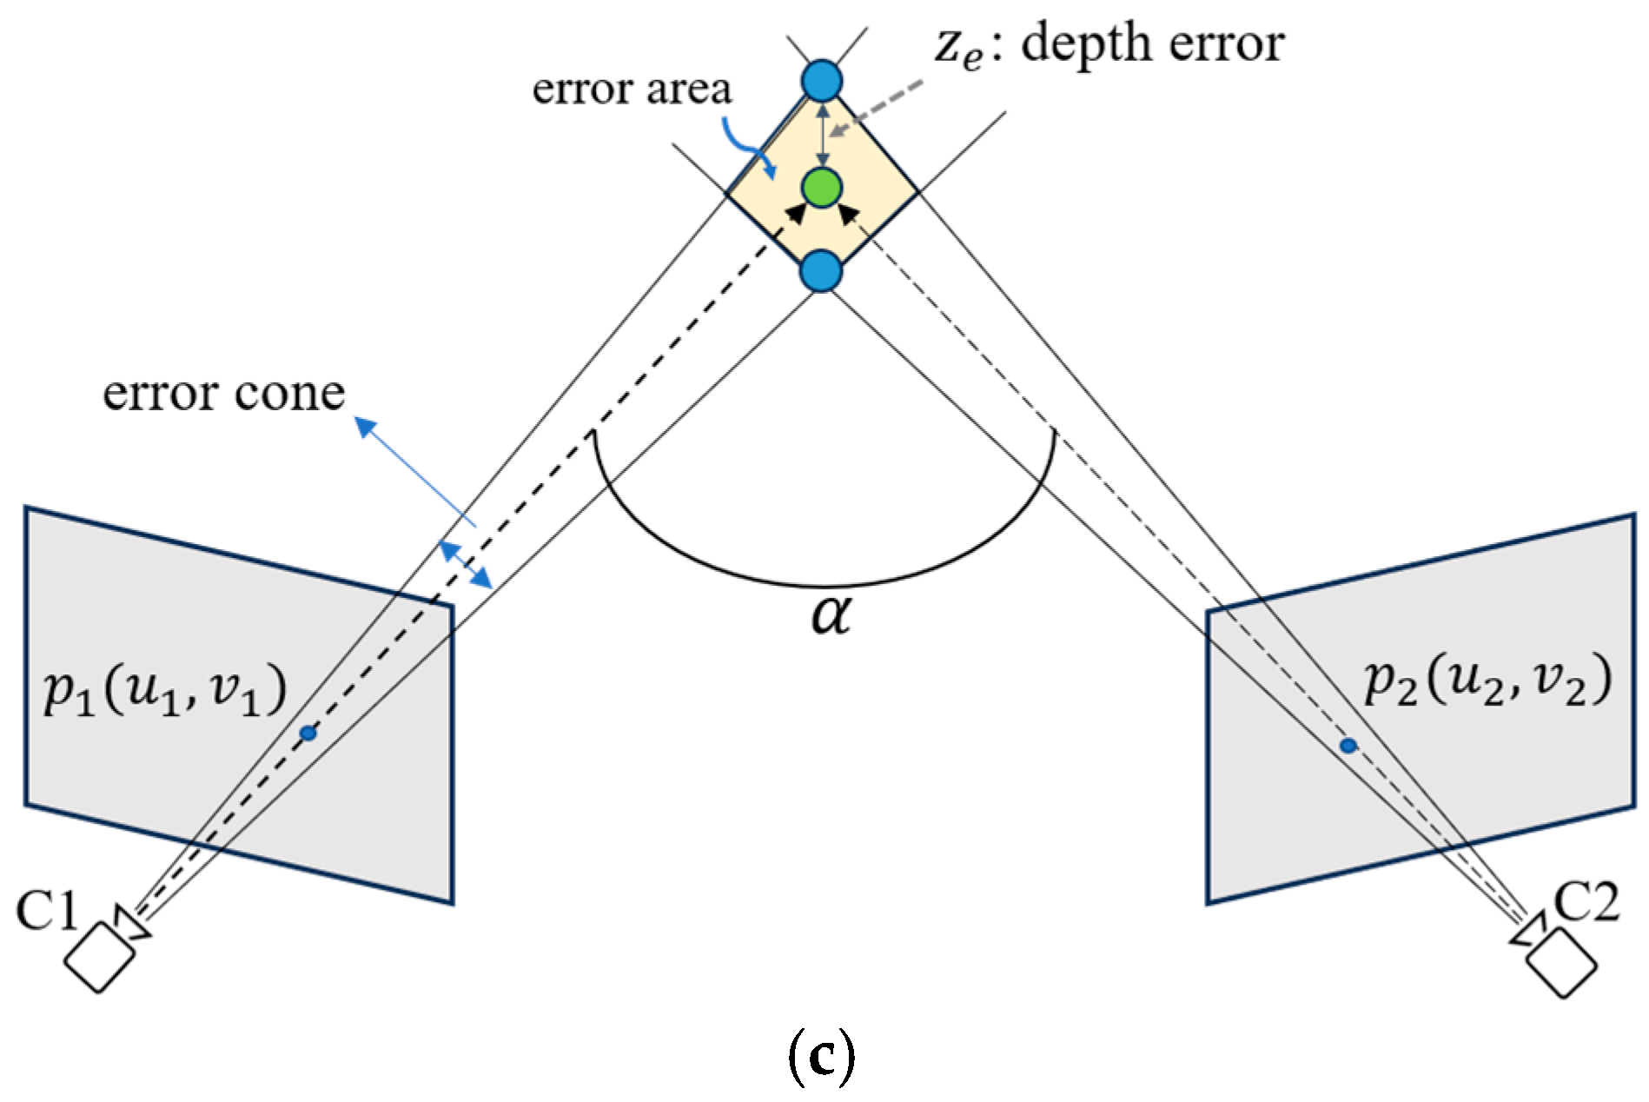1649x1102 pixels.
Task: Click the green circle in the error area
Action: pos(822,187)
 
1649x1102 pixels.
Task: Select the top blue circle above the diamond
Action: pos(822,82)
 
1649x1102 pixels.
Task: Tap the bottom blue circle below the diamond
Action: pos(821,271)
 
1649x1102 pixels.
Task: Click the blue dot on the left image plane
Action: pos(308,734)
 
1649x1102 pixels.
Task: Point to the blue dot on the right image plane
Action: pos(1348,746)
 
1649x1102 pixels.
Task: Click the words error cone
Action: pos(223,393)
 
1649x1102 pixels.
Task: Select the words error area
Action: pos(632,89)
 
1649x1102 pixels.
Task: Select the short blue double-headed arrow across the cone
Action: pos(465,564)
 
